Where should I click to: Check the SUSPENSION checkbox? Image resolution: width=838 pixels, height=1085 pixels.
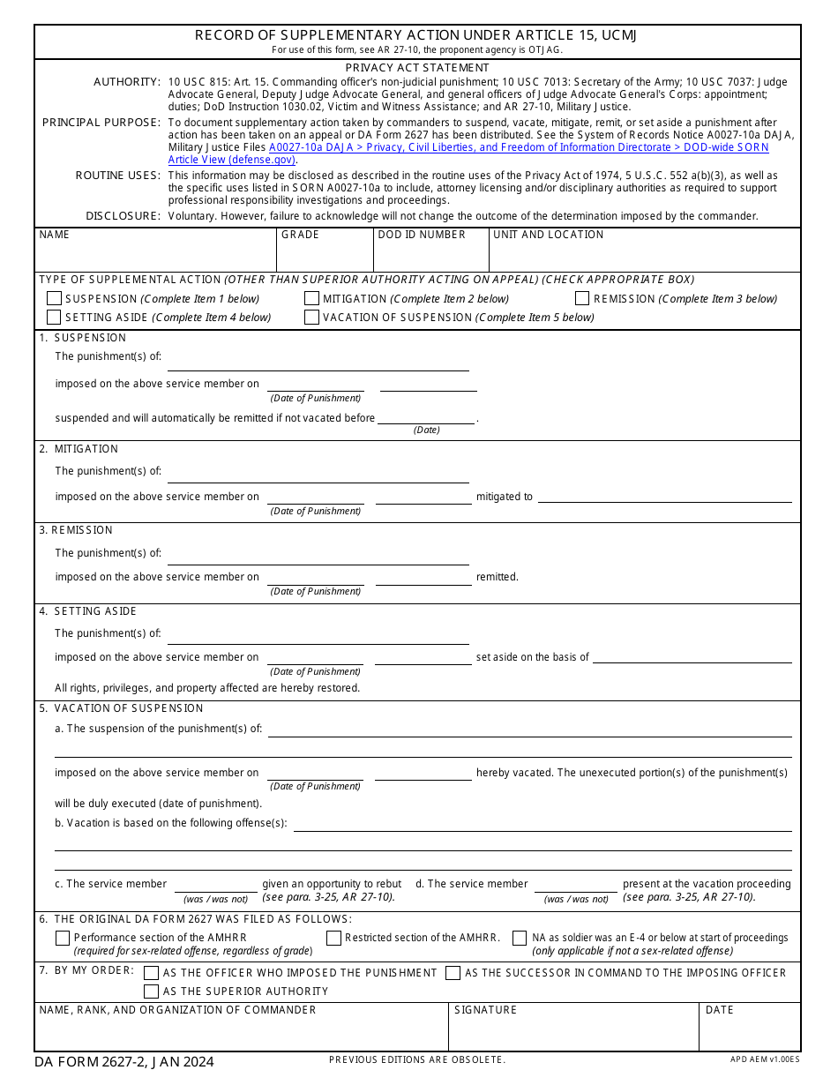[x=54, y=299]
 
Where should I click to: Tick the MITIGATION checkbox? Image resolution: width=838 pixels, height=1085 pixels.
[x=311, y=299]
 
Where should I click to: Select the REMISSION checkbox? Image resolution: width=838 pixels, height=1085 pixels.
[x=582, y=299]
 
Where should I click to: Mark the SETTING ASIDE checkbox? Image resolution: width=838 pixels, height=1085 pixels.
[x=54, y=318]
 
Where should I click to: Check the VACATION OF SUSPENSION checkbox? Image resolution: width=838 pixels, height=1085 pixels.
[x=311, y=318]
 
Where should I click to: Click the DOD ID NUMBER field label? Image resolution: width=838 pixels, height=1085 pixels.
[x=422, y=235]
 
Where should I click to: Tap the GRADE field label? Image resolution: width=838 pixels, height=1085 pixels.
[x=300, y=235]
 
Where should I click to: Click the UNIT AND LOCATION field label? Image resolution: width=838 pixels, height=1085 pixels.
[x=548, y=235]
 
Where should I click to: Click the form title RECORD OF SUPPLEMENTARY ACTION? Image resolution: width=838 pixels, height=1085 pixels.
[x=416, y=35]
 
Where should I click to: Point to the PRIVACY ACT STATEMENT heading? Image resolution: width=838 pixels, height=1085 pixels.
[x=417, y=68]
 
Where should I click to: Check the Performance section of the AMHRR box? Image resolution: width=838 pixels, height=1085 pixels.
[x=63, y=939]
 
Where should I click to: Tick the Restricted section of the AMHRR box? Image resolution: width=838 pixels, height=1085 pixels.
[x=333, y=939]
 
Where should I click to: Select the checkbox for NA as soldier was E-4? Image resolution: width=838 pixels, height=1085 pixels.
[x=520, y=939]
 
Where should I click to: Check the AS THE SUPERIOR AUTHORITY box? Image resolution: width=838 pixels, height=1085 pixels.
[x=151, y=991]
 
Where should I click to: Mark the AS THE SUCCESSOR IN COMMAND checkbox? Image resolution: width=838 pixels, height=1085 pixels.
[x=453, y=973]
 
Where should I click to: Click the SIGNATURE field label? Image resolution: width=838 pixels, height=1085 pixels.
[x=485, y=1010]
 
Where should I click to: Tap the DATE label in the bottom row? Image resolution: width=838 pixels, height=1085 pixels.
[x=719, y=1010]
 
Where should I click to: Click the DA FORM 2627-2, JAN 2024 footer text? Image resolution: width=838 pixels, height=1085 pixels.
[x=124, y=1062]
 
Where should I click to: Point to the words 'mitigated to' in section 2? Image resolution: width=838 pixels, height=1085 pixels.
[x=505, y=497]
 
